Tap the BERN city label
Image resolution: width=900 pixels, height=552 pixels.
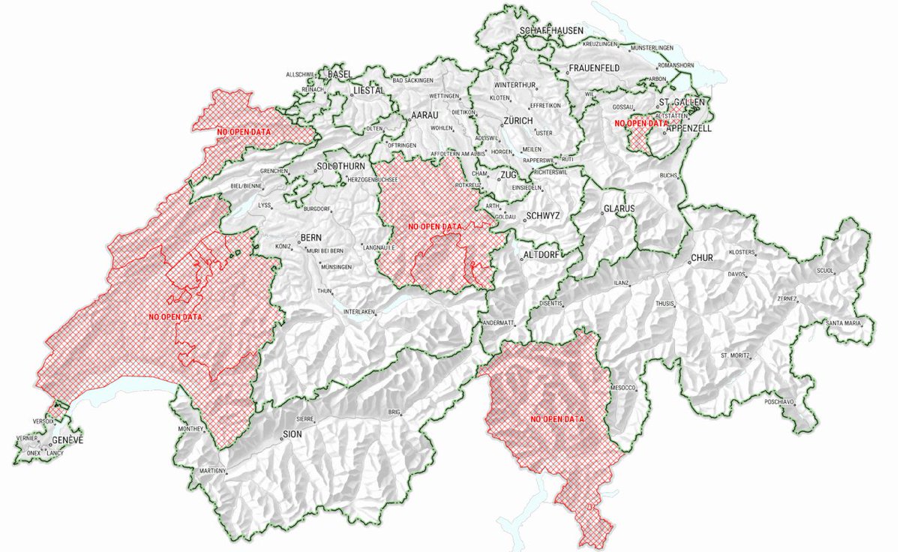click(x=310, y=238)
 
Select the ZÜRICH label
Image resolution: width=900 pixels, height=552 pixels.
click(x=518, y=121)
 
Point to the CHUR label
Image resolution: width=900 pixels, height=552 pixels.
click(x=701, y=258)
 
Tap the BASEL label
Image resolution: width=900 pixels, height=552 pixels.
click(x=340, y=75)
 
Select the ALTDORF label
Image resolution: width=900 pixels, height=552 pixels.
click(x=540, y=256)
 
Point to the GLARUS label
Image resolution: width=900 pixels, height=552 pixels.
click(x=619, y=208)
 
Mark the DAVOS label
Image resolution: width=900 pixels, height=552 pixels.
click(x=736, y=274)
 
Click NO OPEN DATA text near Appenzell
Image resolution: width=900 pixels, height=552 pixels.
click(x=640, y=123)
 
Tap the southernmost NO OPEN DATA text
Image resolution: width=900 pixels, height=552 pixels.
click(x=557, y=418)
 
